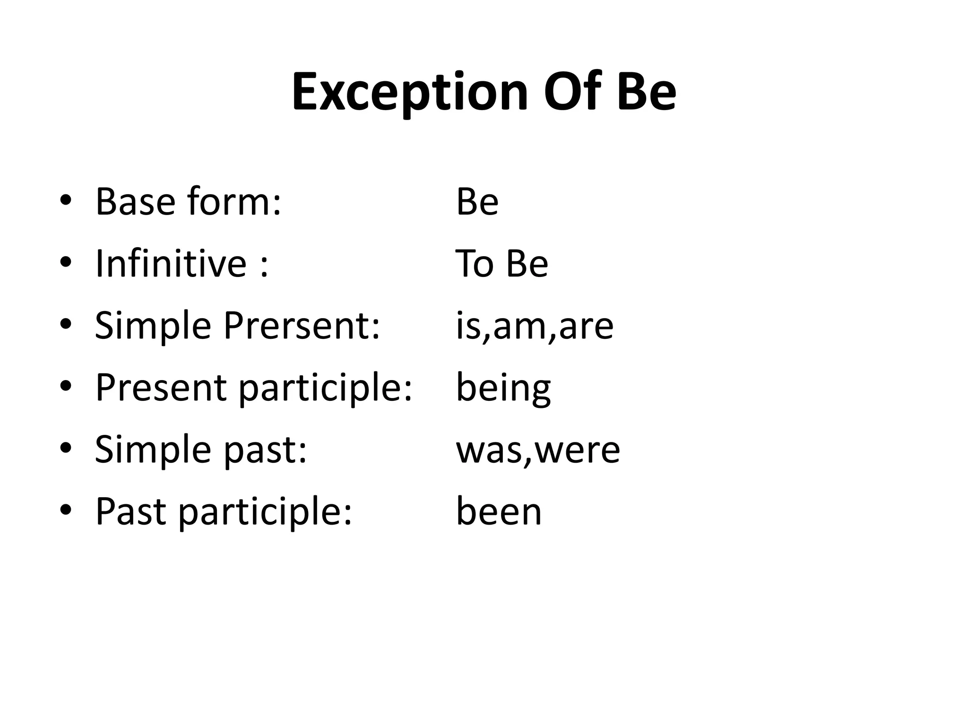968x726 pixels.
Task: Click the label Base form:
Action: pos(188,202)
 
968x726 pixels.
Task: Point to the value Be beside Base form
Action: pos(477,202)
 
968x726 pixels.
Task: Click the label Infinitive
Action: pos(171,264)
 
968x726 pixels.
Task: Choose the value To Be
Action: pos(501,264)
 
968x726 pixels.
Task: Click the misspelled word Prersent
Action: pos(302,326)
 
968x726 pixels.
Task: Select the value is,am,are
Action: pos(535,326)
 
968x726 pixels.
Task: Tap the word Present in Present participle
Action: pos(161,388)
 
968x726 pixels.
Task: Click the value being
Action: pos(503,389)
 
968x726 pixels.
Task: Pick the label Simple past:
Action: pos(201,449)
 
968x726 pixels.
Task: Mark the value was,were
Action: pos(538,449)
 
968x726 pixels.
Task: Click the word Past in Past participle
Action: pos(130,511)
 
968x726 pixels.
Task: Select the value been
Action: pos(499,511)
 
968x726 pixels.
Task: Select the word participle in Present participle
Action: pos(325,389)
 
